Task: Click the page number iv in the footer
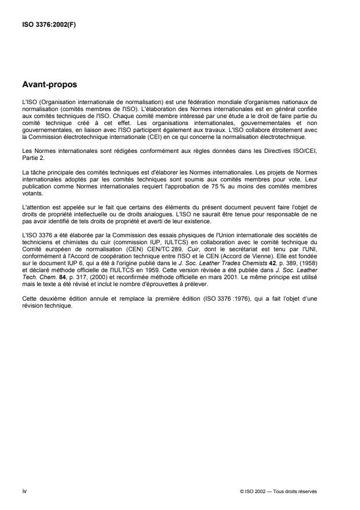[24, 491]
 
